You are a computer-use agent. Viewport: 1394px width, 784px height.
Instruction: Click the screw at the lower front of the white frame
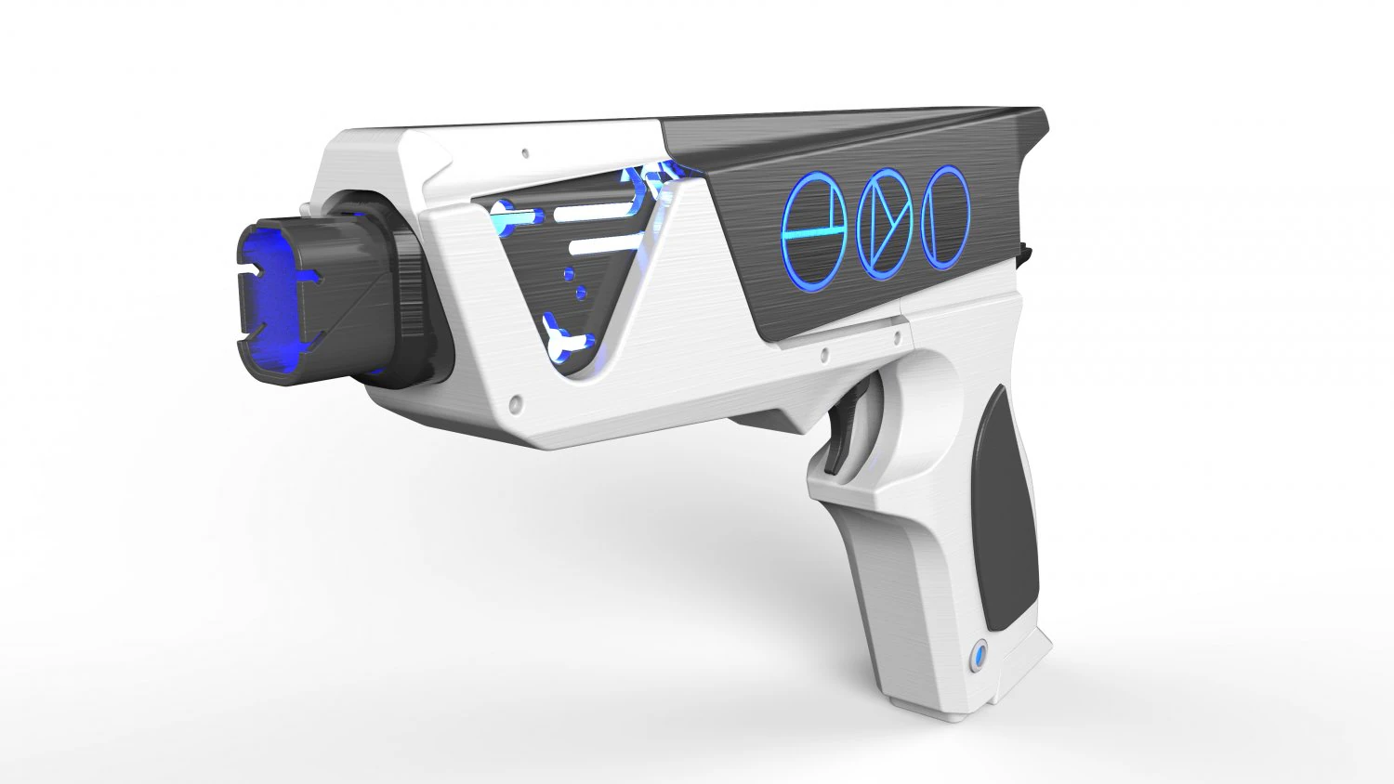[514, 405]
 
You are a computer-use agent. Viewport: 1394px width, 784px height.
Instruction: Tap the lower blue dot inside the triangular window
[582, 294]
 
